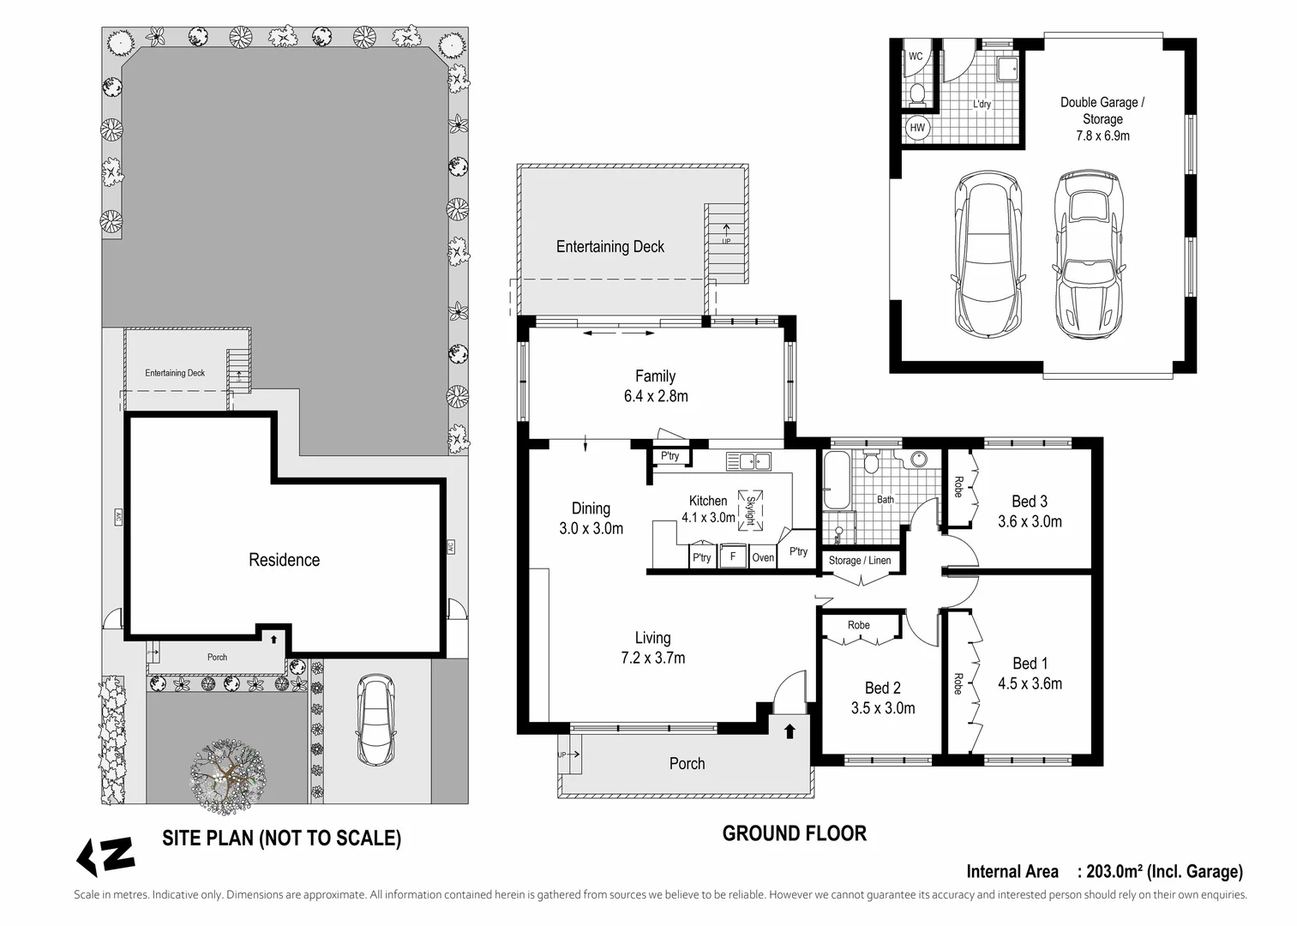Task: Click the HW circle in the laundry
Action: coord(917,128)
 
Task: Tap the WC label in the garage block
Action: coord(916,57)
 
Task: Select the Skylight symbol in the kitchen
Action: coord(750,510)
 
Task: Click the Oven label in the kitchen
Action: coord(763,557)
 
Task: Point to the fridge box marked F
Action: coord(732,556)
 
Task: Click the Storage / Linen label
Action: coord(860,560)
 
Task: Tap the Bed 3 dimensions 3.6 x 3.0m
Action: coord(1030,521)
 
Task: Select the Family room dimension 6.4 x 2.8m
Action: coord(656,396)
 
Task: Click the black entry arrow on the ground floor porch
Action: coord(790,731)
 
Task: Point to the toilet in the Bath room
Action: coord(871,462)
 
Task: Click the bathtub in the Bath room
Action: coord(837,479)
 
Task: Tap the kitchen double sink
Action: coord(748,461)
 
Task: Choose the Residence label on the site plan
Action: coord(285,559)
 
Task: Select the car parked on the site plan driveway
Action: coord(376,719)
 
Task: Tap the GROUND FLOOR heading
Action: coord(795,833)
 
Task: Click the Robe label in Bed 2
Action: coord(859,625)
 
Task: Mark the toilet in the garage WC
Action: coord(916,96)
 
